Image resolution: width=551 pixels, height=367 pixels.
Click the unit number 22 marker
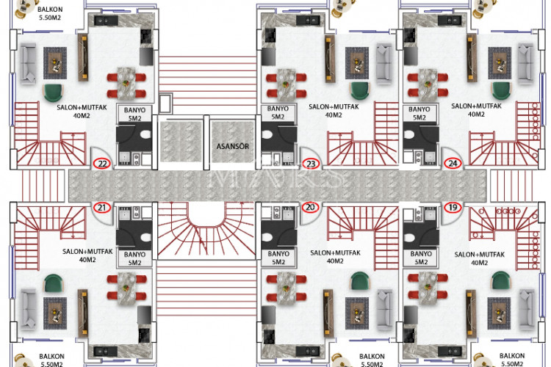coord(103,164)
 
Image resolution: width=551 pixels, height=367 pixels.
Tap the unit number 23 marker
coord(311,164)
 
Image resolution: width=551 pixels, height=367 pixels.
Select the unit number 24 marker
coord(453,164)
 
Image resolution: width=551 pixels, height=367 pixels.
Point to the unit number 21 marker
coord(103,208)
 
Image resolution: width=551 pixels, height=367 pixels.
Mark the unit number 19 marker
coord(453,208)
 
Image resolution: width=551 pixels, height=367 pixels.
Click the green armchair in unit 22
coord(54,92)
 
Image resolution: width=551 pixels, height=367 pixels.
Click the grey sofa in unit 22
coord(28,63)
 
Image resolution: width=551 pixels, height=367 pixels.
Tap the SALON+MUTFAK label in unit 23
coord(326,110)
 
